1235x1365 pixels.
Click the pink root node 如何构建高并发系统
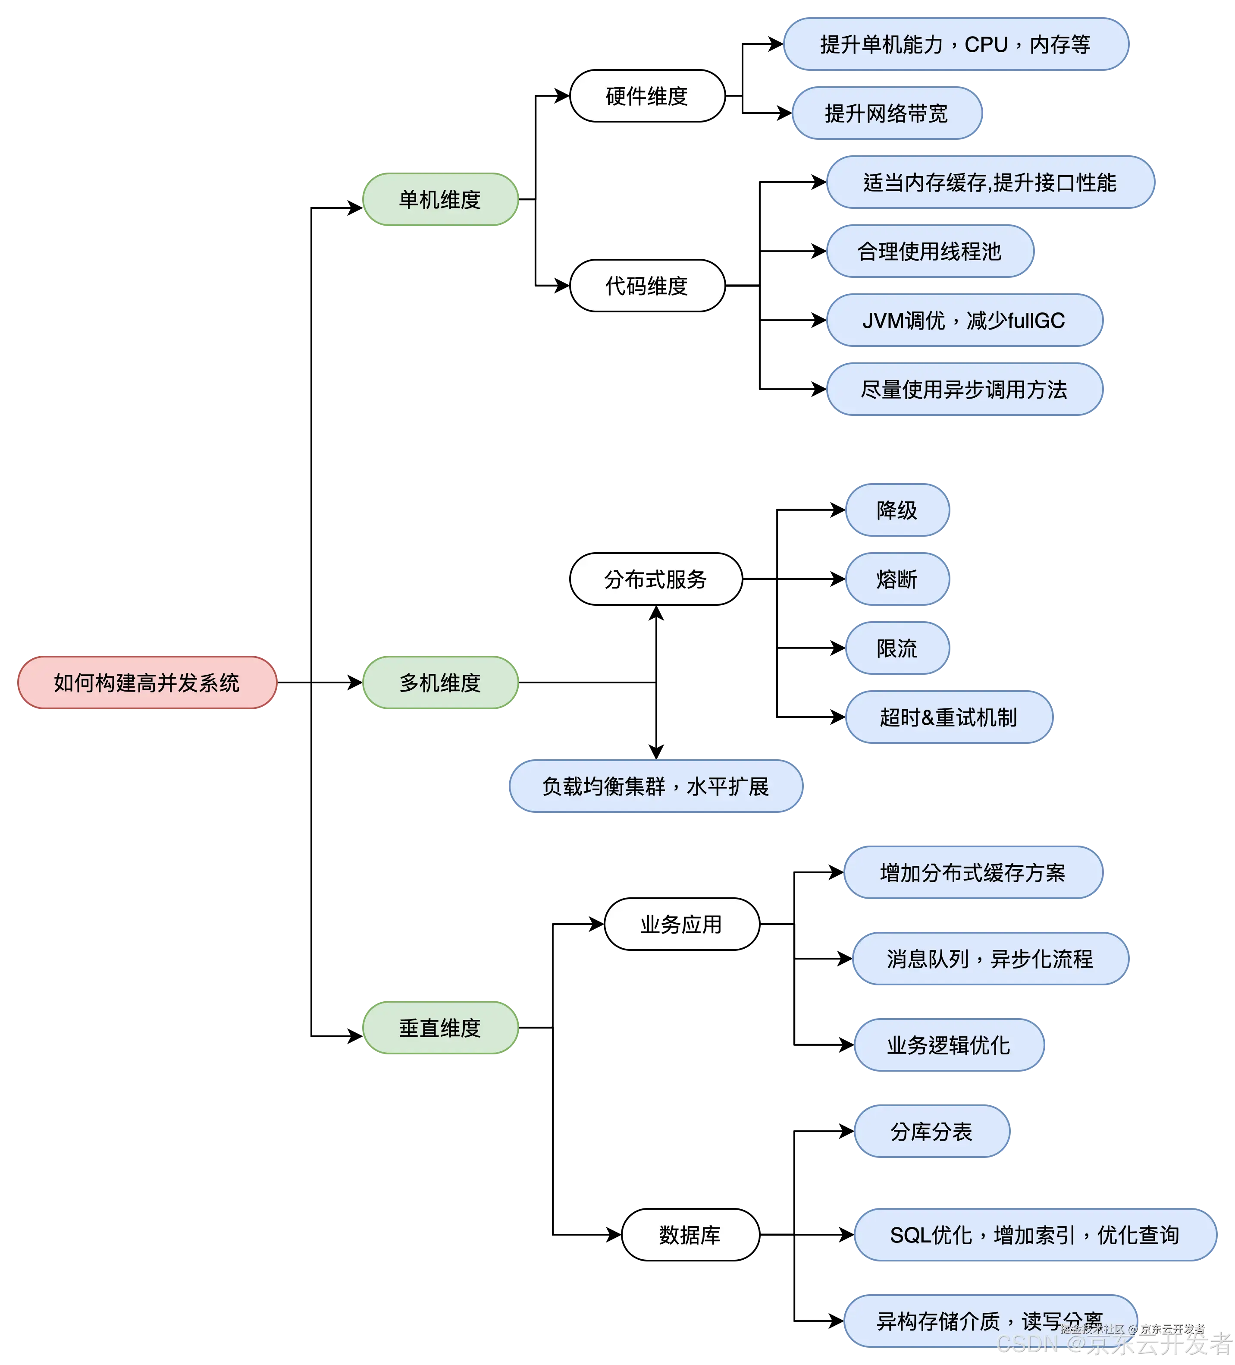tap(147, 682)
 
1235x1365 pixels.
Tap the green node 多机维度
tap(440, 682)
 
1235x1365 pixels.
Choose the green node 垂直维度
tap(440, 1028)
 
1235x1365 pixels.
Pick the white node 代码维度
tap(647, 286)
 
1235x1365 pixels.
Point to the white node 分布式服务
tap(655, 579)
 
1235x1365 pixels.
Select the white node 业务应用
tap(681, 924)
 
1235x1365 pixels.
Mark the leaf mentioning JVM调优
tap(964, 320)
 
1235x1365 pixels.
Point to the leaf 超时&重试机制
tap(948, 717)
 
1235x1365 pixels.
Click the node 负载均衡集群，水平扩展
tap(655, 786)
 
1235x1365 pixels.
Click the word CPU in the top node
tap(986, 45)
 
